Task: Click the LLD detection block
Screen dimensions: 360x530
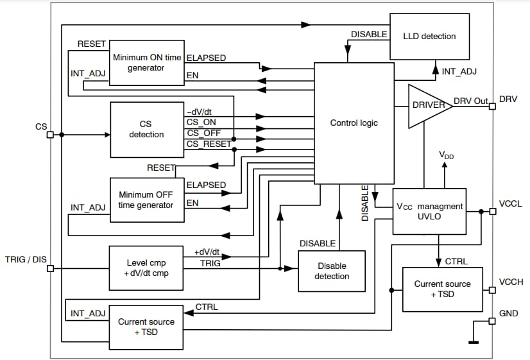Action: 429,37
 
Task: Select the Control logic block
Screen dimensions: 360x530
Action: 354,123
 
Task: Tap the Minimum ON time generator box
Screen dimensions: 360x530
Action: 146,62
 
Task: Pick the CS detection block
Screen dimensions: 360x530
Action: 146,130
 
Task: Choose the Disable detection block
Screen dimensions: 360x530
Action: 332,271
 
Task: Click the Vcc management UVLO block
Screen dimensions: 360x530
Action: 429,212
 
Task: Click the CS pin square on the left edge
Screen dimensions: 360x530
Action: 50,135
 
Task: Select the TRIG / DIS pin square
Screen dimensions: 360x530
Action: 50,268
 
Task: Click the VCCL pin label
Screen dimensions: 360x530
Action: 510,203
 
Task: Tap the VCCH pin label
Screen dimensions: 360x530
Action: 510,282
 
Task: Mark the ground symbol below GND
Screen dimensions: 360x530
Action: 474,342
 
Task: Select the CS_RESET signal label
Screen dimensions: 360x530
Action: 209,144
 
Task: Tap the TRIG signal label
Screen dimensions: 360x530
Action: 210,263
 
